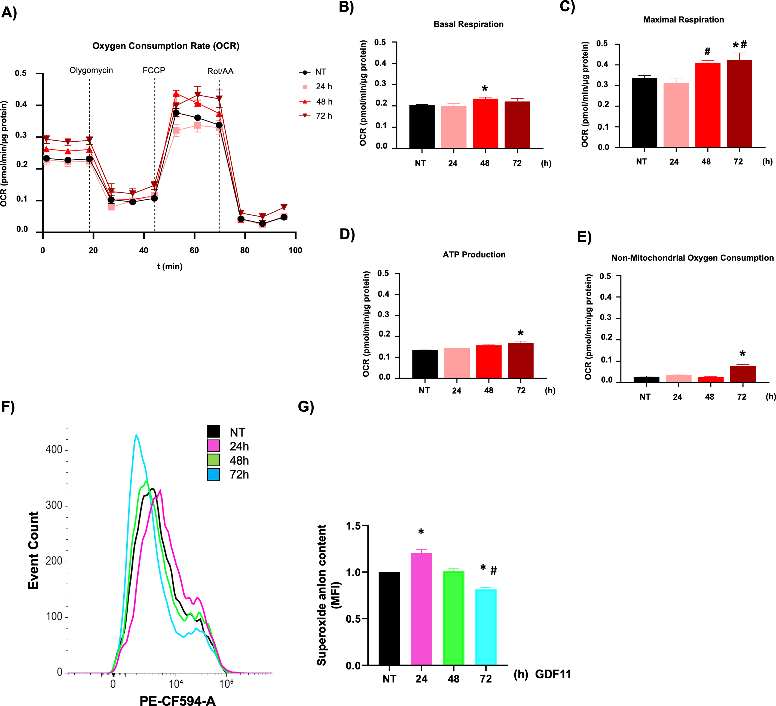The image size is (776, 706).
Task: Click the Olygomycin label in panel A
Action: [x=91, y=71]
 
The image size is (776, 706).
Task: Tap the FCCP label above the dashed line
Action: [x=154, y=71]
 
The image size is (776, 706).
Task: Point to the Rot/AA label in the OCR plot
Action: [x=220, y=71]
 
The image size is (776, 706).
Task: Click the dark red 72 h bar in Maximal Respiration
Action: [x=739, y=104]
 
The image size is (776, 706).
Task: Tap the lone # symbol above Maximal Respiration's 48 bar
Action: [x=707, y=51]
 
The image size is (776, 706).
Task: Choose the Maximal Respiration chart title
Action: [x=684, y=20]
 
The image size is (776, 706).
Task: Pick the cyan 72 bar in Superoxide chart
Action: [x=486, y=628]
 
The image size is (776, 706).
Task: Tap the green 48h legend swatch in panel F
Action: [x=214, y=460]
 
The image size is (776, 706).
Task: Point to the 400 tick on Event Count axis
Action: [x=54, y=449]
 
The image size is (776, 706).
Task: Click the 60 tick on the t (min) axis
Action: [x=194, y=250]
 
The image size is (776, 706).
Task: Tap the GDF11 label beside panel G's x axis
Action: [x=553, y=674]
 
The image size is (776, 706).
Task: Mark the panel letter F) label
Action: [x=8, y=407]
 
